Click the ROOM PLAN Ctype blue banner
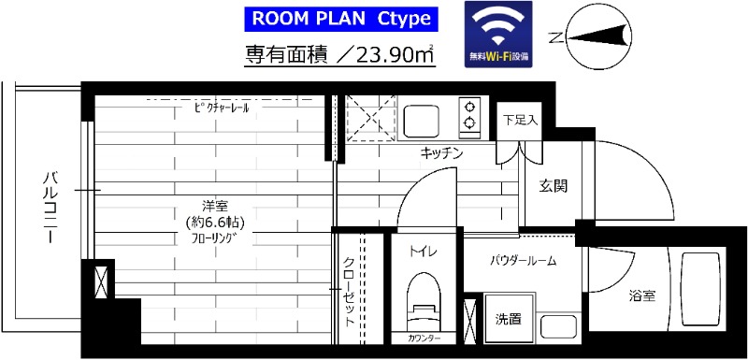tap(341, 18)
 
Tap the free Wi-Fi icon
tap(498, 33)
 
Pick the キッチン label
tap(442, 152)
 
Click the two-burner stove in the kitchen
tap(467, 115)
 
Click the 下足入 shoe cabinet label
tap(519, 120)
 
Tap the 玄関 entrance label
tap(552, 185)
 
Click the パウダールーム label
tap(524, 261)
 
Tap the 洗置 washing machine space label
tap(509, 319)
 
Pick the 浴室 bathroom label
tap(641, 296)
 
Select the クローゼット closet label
tap(348, 290)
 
